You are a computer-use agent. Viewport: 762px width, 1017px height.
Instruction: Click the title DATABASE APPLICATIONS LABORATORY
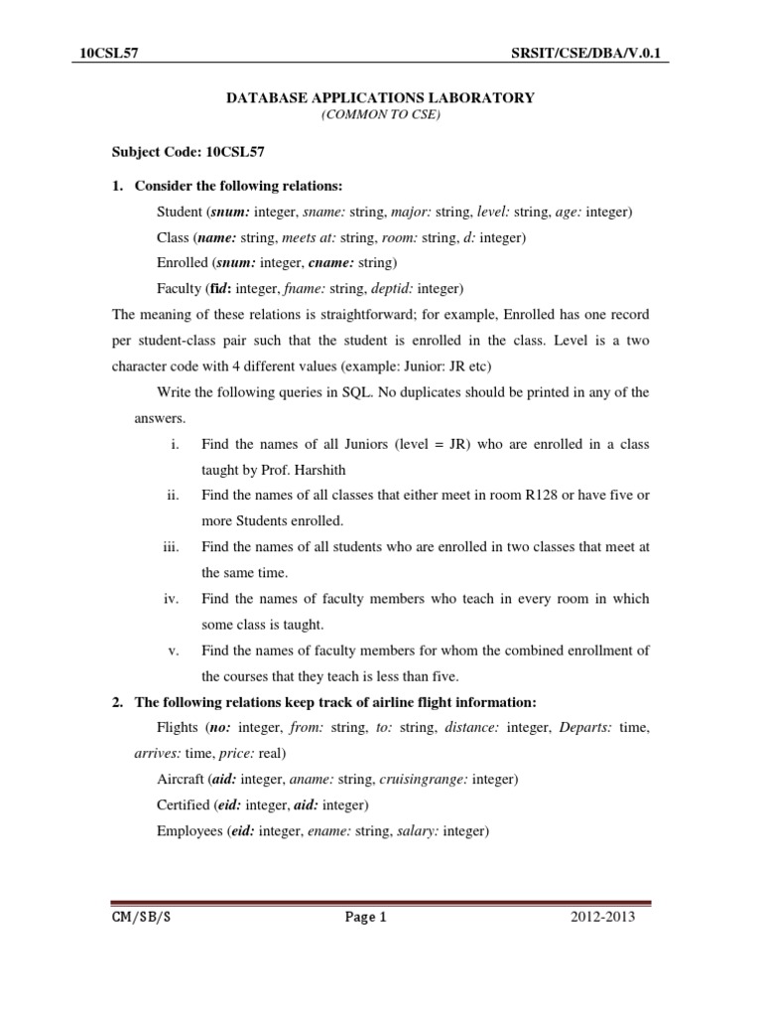point(381,97)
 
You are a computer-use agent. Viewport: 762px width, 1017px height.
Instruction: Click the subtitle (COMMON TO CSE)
point(381,115)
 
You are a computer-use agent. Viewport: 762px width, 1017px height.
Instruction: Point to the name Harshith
point(316,470)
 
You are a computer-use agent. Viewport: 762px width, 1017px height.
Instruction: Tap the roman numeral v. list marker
point(173,651)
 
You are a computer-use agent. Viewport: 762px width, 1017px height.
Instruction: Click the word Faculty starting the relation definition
point(179,289)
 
